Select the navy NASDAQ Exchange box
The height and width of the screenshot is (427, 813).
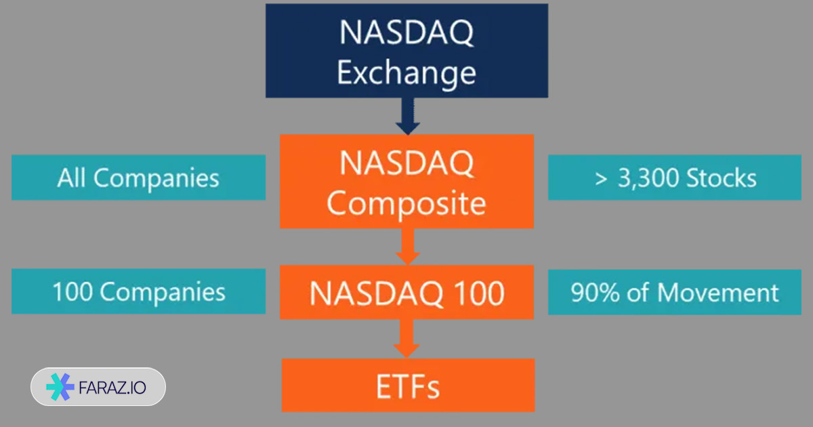pyautogui.click(x=407, y=50)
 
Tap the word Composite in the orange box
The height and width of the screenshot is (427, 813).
pyautogui.click(x=406, y=204)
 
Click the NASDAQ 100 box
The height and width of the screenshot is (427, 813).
pyautogui.click(x=407, y=292)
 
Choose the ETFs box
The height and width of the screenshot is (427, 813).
pyautogui.click(x=409, y=385)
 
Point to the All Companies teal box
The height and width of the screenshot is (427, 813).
pyautogui.click(x=139, y=178)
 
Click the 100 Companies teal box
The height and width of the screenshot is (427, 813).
pyautogui.click(x=139, y=291)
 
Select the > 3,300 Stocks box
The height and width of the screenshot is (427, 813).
pyautogui.click(x=675, y=178)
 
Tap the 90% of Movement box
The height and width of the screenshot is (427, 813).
pyautogui.click(x=675, y=292)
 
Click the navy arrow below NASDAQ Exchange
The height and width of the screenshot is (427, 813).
pyautogui.click(x=408, y=116)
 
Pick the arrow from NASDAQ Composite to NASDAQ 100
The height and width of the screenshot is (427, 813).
pyautogui.click(x=408, y=247)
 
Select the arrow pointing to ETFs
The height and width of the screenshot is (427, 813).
pyautogui.click(x=406, y=339)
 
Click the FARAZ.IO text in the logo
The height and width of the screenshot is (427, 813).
pyautogui.click(x=112, y=388)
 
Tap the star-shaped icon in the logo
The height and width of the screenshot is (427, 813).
pyautogui.click(x=60, y=387)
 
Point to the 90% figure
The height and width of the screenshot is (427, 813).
pyautogui.click(x=595, y=292)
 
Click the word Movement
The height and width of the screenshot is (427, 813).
pyautogui.click(x=718, y=292)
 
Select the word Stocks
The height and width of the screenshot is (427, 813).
pyautogui.click(x=722, y=178)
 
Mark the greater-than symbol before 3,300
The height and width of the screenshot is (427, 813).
pyautogui.click(x=601, y=179)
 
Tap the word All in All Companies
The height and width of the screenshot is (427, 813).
pyautogui.click(x=72, y=178)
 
